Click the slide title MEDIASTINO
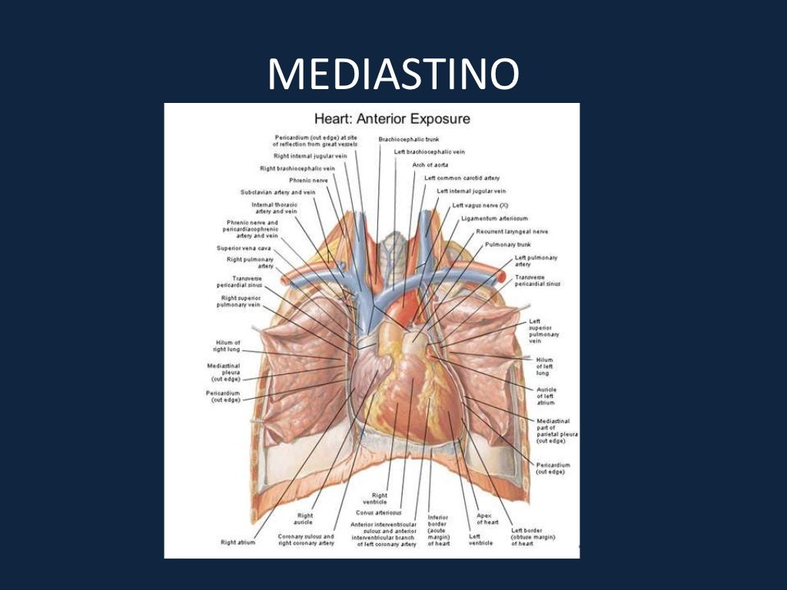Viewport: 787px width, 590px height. tap(393, 75)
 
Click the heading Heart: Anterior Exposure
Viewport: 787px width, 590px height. tap(392, 119)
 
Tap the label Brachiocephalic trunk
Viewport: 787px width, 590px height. tap(408, 139)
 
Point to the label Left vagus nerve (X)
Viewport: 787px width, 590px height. tap(480, 205)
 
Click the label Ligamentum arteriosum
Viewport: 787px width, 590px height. tap(494, 218)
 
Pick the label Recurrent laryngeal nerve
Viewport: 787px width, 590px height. tap(512, 230)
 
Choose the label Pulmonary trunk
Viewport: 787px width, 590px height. tap(505, 244)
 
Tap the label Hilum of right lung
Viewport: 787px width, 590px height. tap(227, 346)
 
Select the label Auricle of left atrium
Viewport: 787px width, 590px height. tap(545, 396)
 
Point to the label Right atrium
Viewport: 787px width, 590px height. tap(238, 542)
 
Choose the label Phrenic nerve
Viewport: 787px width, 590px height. tap(308, 180)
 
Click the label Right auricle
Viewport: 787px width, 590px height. tap(305, 519)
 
